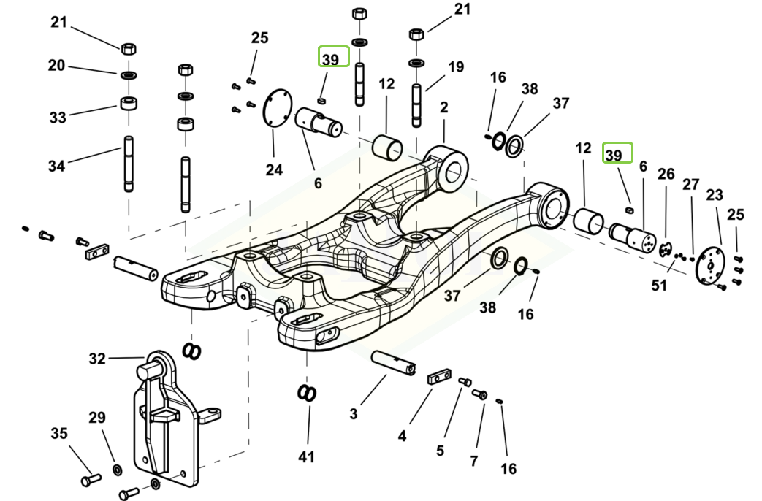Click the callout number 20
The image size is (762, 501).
pyautogui.click(x=56, y=65)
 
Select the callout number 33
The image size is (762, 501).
pyautogui.click(x=58, y=117)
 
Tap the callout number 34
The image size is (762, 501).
pyautogui.click(x=56, y=167)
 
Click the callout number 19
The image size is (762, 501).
pyautogui.click(x=456, y=66)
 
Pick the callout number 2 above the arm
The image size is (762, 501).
pyautogui.click(x=443, y=107)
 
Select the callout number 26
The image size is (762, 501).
pyautogui.click(x=666, y=174)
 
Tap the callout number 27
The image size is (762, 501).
pyautogui.click(x=690, y=185)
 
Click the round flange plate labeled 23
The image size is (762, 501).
pyautogui.click(x=709, y=265)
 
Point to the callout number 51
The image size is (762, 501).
pyautogui.click(x=659, y=286)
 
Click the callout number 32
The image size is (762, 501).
pyautogui.click(x=97, y=359)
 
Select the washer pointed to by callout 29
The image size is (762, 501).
pyautogui.click(x=117, y=470)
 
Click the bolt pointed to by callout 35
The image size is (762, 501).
pyautogui.click(x=91, y=480)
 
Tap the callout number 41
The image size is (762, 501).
pyautogui.click(x=306, y=456)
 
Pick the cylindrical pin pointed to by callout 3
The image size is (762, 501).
pyautogui.click(x=393, y=364)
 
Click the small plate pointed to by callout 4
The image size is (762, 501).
pyautogui.click(x=439, y=377)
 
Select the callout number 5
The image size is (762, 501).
pyautogui.click(x=440, y=451)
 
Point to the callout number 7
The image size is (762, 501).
pyautogui.click(x=474, y=460)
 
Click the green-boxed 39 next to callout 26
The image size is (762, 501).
pyautogui.click(x=617, y=153)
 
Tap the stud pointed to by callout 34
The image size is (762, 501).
pyautogui.click(x=129, y=164)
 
